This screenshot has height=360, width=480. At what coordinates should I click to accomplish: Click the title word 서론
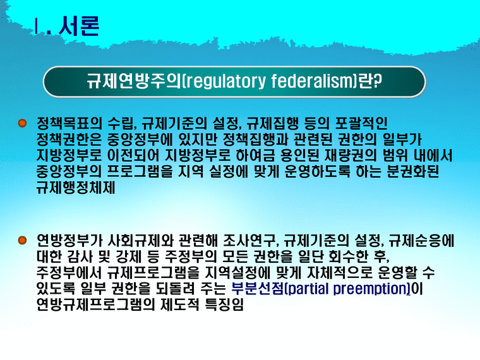(x=78, y=27)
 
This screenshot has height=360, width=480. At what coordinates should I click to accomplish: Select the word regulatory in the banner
(x=220, y=81)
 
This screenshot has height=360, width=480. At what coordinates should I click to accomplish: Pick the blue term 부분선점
(x=253, y=290)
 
